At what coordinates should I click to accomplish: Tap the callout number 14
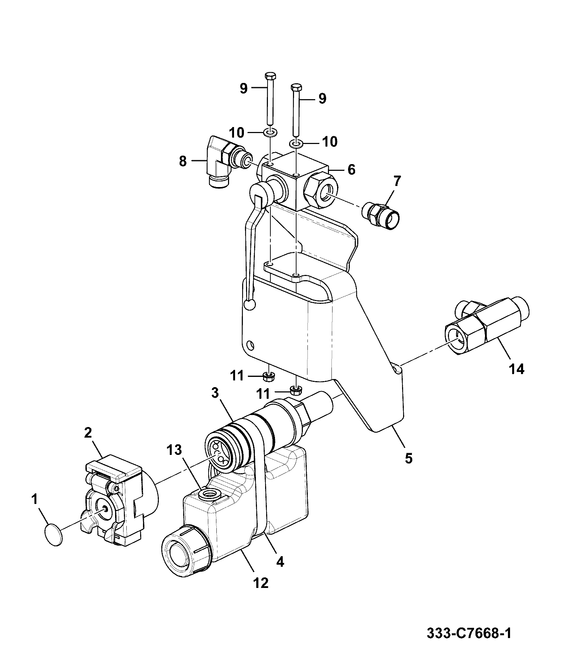[x=516, y=369]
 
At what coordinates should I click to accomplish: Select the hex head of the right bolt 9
[x=296, y=87]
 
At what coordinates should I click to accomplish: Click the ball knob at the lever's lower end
[x=250, y=305]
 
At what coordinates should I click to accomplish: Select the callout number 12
[x=261, y=583]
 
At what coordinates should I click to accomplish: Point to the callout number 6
[x=351, y=169]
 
